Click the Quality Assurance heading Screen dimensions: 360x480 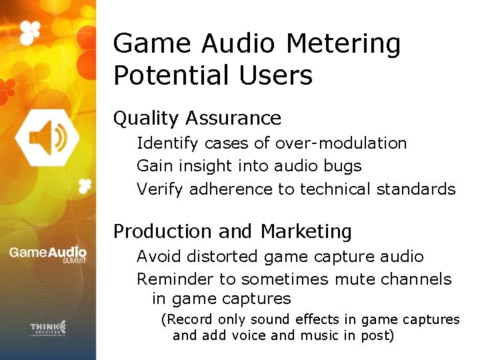click(197, 119)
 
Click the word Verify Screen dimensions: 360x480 click(161, 189)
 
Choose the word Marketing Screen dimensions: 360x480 click(306, 232)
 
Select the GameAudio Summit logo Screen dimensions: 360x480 click(47, 254)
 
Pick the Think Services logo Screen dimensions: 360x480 click(48, 327)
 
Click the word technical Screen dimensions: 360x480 click(335, 189)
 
